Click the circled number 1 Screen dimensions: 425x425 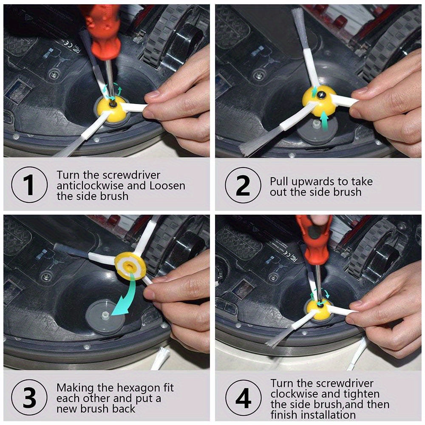[x=29, y=184]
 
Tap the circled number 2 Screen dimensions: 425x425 [x=243, y=185]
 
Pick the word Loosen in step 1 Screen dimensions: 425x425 [x=167, y=186]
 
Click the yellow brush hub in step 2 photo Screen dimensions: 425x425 [x=319, y=101]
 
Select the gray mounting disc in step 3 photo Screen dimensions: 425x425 [x=105, y=316]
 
